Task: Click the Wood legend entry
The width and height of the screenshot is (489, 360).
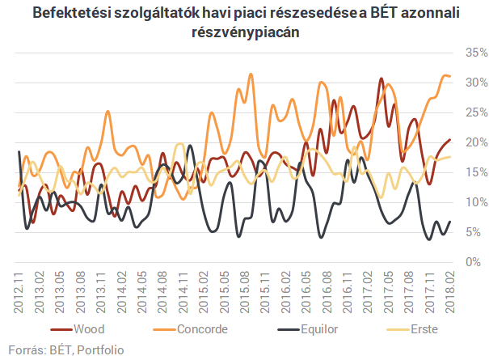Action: coord(88,330)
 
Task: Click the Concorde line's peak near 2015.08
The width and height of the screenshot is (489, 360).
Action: coord(251,74)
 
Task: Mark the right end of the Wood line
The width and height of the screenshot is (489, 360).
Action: coord(449,140)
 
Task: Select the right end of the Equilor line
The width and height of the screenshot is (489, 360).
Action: coord(449,222)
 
